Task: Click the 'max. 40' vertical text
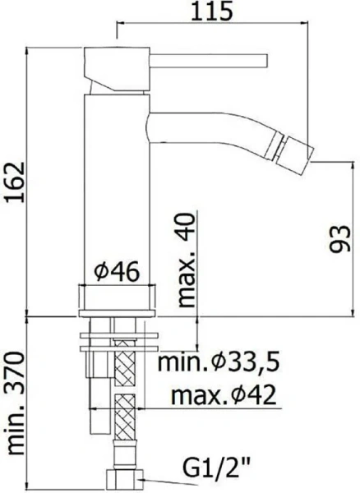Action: (x=187, y=259)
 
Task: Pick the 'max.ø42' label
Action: (x=222, y=397)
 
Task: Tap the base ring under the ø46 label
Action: (x=116, y=299)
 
